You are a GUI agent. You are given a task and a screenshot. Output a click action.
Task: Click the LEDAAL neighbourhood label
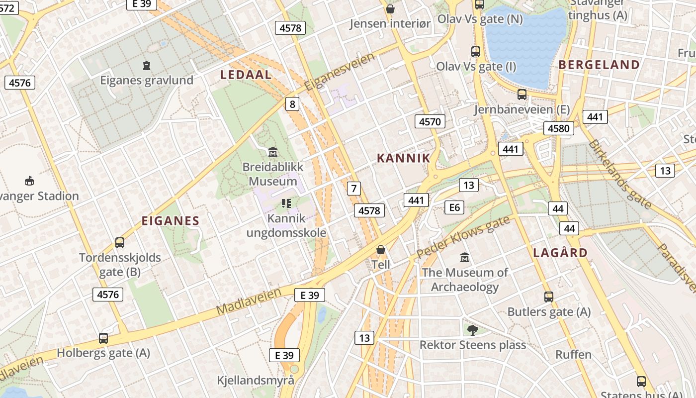coord(246,75)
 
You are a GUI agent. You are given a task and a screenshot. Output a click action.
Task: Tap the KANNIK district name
coord(403,158)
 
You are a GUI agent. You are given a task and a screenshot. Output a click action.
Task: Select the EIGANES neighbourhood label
coord(170,221)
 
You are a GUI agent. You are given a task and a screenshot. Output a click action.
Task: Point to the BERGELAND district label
coord(599,65)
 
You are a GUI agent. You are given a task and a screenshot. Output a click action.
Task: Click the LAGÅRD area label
coord(560,253)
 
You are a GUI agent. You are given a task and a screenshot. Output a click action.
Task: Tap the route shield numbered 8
coord(292,104)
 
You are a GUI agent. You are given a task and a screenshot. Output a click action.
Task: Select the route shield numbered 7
coord(353,189)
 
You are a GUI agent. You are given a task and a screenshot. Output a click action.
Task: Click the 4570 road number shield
coord(430,121)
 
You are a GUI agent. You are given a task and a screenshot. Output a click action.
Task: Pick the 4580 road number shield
coord(558,128)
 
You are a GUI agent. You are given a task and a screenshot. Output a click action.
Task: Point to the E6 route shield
coord(454,207)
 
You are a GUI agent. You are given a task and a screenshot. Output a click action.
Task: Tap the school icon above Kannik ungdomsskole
coord(286,203)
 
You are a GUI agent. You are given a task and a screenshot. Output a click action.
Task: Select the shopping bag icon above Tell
coord(380,250)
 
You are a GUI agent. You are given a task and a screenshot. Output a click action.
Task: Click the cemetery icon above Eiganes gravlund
coord(147,65)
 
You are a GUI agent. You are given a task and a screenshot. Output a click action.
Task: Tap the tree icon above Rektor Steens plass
coord(472,329)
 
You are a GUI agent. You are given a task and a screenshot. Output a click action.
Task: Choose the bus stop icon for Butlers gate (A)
coord(548,297)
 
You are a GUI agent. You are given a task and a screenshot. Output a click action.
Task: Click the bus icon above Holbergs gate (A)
coord(103,338)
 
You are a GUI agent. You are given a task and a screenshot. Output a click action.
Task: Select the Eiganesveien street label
coord(340,72)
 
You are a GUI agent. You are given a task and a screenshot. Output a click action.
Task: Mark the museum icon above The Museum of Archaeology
coord(465,258)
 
